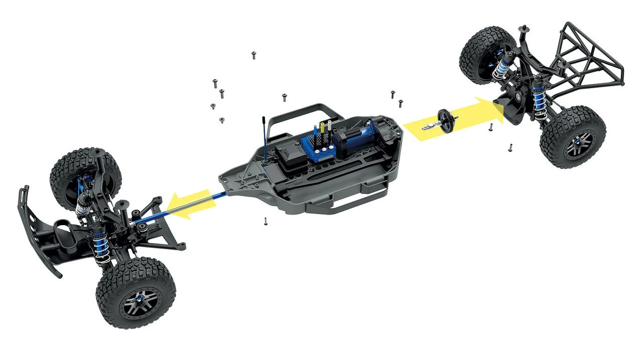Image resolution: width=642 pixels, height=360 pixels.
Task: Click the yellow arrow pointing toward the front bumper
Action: [188, 205]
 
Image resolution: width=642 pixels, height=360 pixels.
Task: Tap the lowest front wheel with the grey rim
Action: [135, 293]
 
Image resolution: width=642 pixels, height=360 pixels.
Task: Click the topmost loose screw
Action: [254, 55]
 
